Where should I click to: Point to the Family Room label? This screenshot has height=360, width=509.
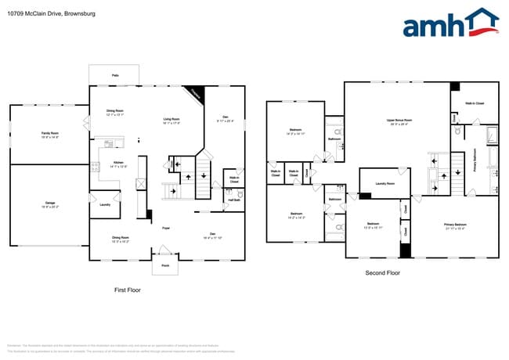[49, 134]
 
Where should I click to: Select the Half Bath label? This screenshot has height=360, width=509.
[233, 200]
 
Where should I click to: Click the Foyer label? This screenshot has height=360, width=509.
[166, 228]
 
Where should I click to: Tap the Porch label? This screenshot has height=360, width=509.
[165, 265]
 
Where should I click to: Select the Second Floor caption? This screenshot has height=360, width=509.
[383, 273]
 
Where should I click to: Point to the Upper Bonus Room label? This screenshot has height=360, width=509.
[399, 121]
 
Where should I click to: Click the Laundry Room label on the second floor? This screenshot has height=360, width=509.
[384, 183]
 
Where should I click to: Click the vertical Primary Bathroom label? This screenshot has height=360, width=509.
[474, 160]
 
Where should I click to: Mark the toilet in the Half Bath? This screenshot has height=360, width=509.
[239, 193]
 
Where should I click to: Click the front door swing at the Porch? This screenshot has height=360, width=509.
[165, 250]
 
